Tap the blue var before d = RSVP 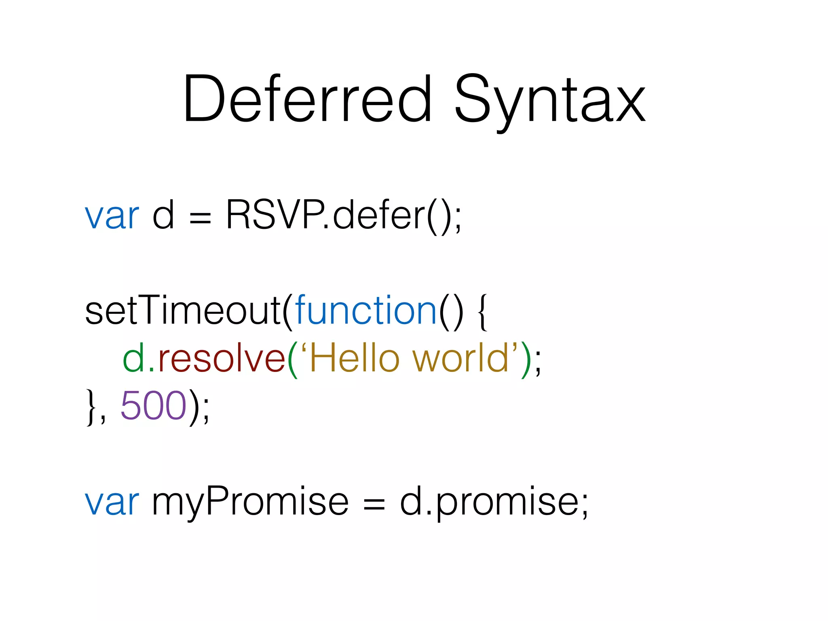click(x=112, y=216)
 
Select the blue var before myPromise click(x=112, y=501)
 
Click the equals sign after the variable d click(x=200, y=219)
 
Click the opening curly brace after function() click(x=483, y=312)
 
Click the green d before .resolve click(x=133, y=357)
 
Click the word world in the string click(x=461, y=357)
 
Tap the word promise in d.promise click(x=507, y=503)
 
